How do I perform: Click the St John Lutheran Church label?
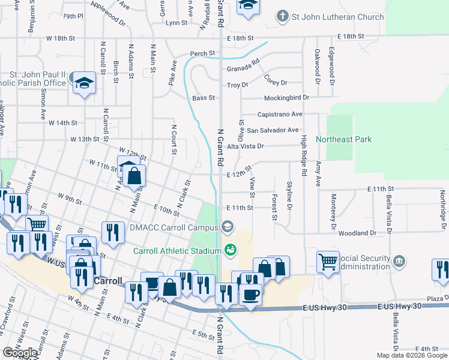coord(338,17)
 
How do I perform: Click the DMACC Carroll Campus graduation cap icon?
coord(227,226)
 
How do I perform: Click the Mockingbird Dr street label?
coord(286,97)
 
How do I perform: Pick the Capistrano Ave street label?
coord(279,114)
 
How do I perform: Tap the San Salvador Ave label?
coord(273,130)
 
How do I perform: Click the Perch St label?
coord(202,53)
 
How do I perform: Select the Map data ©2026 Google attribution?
coord(411,355)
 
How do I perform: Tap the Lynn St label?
coord(176,23)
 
